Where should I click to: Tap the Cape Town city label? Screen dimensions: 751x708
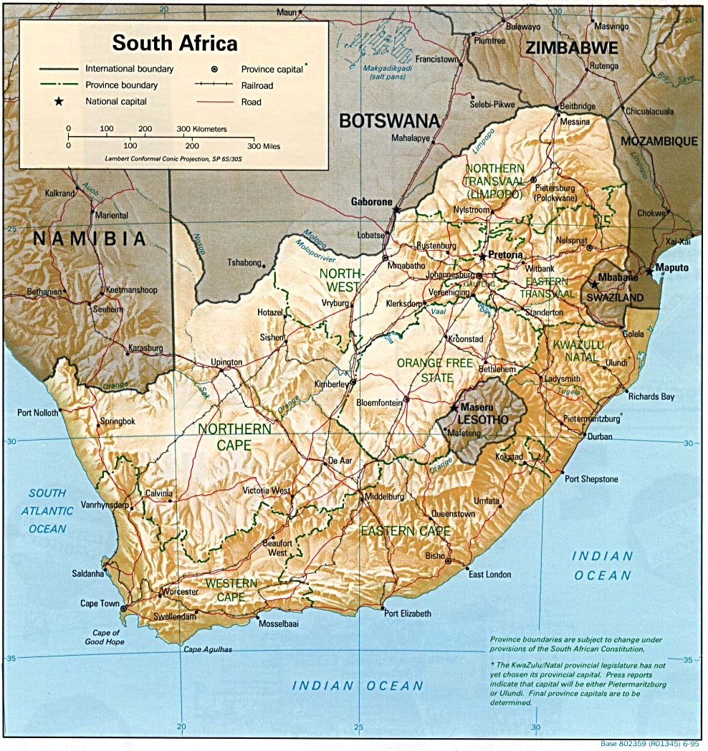[100, 603]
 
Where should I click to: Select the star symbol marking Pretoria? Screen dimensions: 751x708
[482, 256]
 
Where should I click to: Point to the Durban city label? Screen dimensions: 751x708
[600, 436]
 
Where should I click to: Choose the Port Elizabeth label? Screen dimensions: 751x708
[408, 613]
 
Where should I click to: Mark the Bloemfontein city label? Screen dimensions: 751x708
[380, 403]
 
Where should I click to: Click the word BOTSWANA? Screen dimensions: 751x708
[388, 120]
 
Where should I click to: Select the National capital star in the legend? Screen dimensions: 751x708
[59, 102]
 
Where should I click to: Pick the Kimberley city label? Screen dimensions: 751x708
[330, 384]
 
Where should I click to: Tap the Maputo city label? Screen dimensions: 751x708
[673, 268]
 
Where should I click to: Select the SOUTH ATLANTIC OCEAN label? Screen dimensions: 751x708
[47, 511]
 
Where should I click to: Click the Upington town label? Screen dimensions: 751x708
[226, 363]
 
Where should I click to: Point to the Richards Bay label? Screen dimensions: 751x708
[651, 396]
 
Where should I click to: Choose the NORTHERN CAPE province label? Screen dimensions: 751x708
[235, 436]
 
